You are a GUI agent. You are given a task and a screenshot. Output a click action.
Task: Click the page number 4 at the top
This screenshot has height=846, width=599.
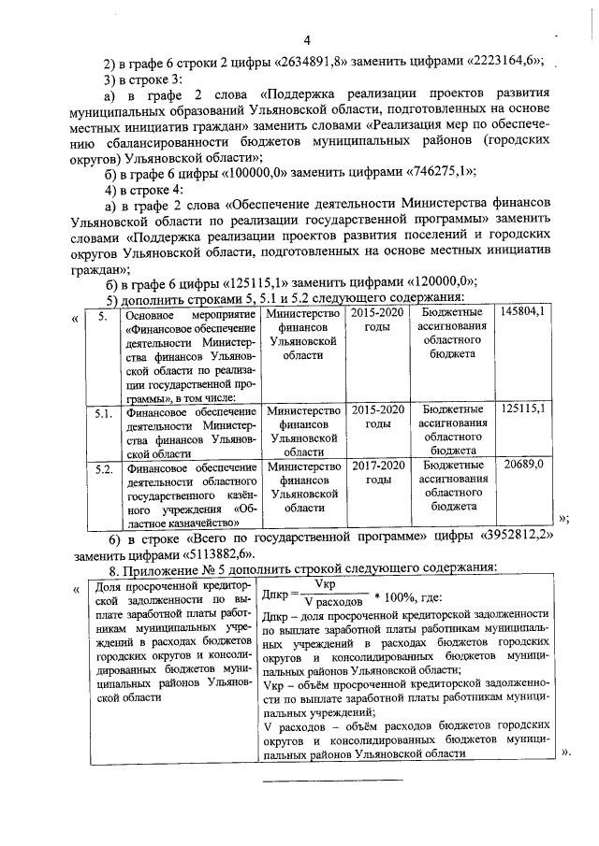305,39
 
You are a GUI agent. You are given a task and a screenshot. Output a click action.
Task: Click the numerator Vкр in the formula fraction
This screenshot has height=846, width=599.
326,583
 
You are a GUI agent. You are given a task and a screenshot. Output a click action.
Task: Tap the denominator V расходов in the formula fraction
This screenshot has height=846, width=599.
326,601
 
